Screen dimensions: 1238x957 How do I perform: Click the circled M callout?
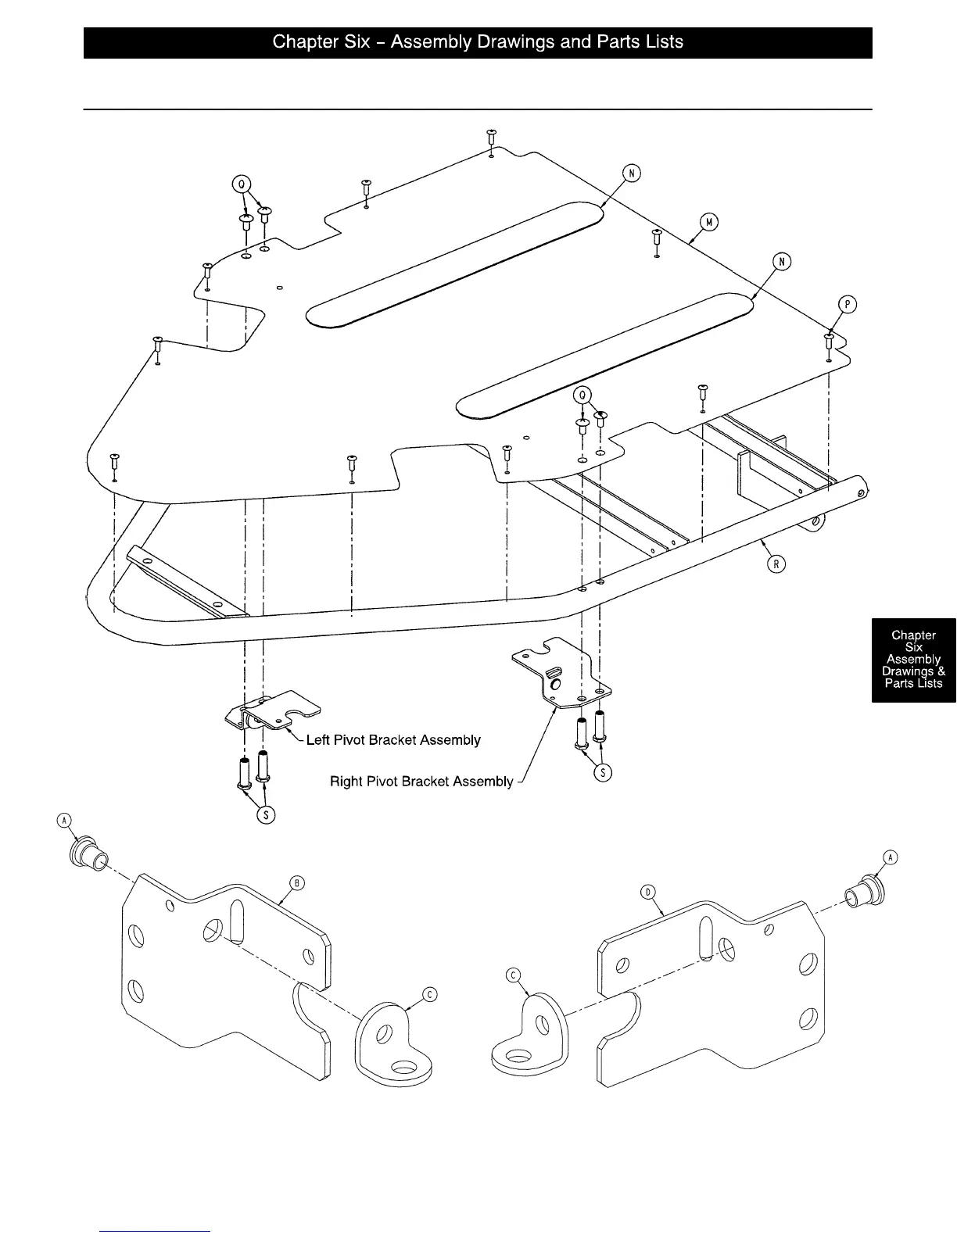point(708,222)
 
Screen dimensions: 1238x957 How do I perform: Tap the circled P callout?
point(847,304)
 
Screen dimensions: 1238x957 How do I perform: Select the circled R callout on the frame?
point(776,563)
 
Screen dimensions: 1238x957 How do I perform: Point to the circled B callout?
point(296,883)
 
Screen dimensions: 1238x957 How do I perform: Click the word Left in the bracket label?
point(318,739)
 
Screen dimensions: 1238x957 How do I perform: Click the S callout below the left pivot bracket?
point(266,814)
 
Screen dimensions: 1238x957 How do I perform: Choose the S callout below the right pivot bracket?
point(603,772)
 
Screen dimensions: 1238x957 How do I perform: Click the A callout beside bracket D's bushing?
point(890,857)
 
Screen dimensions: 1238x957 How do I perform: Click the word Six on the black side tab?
point(913,647)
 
